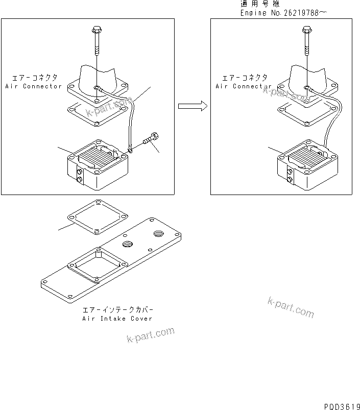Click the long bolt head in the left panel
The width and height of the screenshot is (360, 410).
click(97, 30)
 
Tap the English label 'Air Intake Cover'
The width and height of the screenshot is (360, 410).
click(117, 319)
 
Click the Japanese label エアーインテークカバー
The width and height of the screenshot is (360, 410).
click(117, 310)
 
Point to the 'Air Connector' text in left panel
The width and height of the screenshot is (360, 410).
click(33, 86)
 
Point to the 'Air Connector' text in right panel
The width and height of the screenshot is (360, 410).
click(244, 86)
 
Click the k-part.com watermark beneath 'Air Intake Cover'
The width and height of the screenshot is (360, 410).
click(151, 335)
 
